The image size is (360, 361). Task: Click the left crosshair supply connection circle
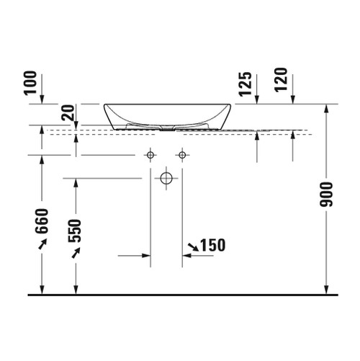coord(150,155)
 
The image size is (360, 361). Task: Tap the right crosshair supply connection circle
coord(182,155)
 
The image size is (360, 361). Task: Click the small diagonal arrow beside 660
coord(41,246)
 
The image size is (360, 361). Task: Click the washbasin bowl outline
coord(166,115)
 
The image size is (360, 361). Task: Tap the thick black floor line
coord(180,295)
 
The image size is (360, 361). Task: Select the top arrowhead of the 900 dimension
coord(328,108)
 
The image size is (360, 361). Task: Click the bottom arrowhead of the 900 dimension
coord(328,290)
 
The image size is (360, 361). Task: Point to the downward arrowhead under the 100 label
coord(41,99)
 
